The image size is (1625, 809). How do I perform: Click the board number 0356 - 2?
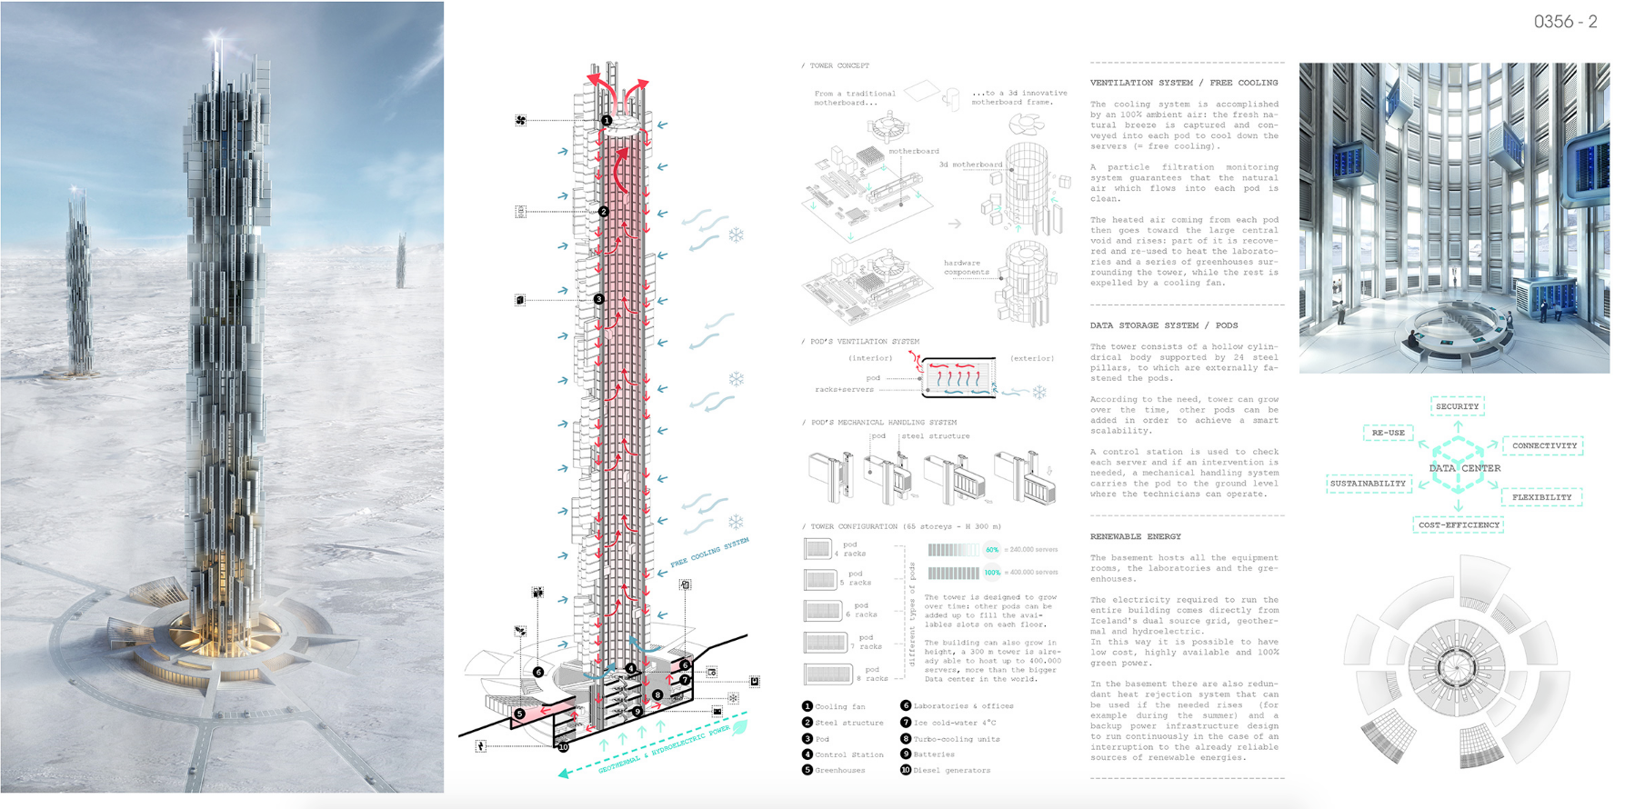tap(1565, 22)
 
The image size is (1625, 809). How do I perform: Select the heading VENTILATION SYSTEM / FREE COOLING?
tap(1184, 83)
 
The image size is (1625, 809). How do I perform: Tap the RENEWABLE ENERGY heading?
tap(1136, 537)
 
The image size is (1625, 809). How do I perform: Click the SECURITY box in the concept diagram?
tap(1457, 406)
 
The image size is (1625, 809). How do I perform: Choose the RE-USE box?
tap(1388, 433)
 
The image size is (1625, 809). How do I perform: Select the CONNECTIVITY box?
tap(1544, 445)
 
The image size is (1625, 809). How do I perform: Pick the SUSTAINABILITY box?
tap(1368, 484)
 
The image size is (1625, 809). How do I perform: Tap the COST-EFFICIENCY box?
tap(1459, 524)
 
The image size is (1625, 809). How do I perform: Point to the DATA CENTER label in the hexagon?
tap(1464, 468)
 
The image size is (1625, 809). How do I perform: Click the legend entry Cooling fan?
tap(839, 706)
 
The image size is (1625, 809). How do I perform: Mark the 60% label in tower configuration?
tap(991, 549)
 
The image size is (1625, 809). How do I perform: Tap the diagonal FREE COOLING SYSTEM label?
tap(709, 552)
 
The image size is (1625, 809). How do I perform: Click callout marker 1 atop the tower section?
tap(607, 120)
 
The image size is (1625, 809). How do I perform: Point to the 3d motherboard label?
tap(970, 165)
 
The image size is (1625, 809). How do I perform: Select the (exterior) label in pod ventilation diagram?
tap(1032, 358)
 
